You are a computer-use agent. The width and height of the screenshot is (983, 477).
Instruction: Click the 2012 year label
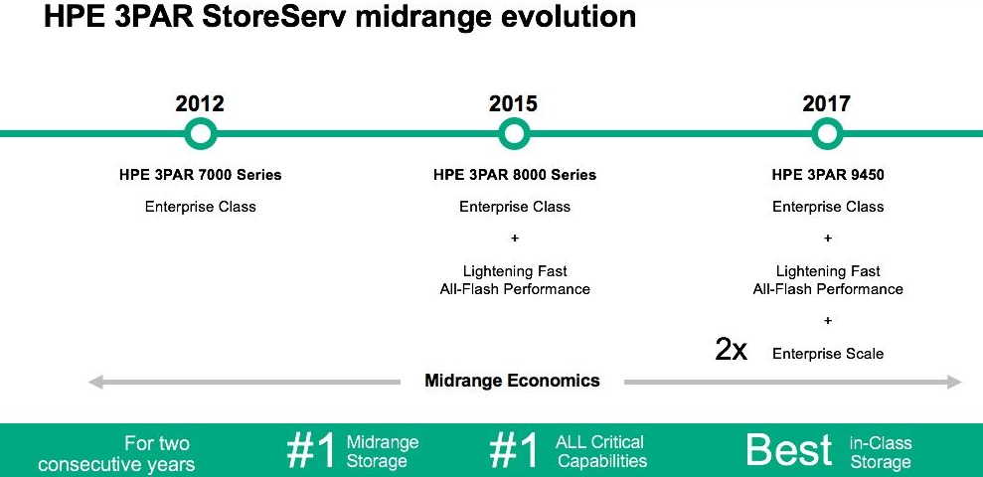coord(200,103)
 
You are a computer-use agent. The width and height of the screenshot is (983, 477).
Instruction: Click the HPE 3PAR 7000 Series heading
coord(201,175)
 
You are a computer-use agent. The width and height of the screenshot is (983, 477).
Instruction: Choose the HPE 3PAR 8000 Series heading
coord(515,175)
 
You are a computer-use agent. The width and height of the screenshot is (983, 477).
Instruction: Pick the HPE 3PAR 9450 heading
coord(828,175)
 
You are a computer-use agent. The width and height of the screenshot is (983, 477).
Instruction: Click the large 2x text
coord(731,350)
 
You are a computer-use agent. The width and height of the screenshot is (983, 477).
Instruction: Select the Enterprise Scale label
coord(828,354)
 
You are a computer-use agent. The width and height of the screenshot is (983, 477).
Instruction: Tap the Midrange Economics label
coord(512,381)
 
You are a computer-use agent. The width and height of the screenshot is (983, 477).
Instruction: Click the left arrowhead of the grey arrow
coord(95,382)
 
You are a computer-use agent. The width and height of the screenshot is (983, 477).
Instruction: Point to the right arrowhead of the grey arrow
coord(954,382)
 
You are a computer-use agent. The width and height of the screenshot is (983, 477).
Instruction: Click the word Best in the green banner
coord(788,449)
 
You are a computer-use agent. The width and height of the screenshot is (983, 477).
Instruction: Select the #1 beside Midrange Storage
coord(311,450)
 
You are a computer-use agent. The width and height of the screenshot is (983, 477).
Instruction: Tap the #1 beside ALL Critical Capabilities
coord(514,450)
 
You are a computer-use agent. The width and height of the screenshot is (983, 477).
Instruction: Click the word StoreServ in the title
coord(275,17)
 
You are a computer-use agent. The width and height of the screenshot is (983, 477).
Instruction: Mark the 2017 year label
coord(827,103)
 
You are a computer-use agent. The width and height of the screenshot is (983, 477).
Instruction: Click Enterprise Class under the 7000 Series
coord(201,207)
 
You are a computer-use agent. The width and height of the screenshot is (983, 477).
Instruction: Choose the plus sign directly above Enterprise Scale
coord(828,320)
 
